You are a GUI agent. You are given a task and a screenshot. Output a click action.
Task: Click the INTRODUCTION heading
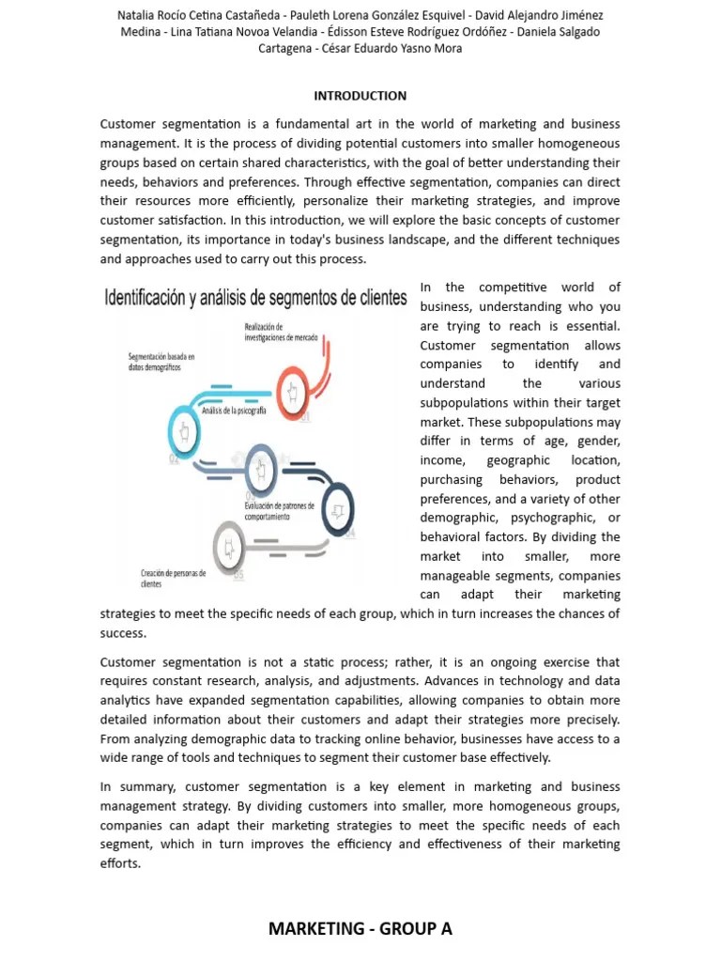coord(360,96)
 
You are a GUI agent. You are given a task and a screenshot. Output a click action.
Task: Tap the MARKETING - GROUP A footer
coord(360,929)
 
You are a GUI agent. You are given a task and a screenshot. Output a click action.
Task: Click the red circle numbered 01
coord(293,387)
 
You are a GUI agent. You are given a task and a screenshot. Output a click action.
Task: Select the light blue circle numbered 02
coord(185,430)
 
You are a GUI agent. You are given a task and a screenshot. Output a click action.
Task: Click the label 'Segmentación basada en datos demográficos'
coord(161,362)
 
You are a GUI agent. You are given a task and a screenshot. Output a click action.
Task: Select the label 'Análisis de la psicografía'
coord(235,411)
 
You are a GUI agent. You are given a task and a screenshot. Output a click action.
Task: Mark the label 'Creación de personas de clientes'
coord(173,578)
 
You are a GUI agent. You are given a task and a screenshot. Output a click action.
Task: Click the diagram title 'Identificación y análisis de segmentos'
coord(255,298)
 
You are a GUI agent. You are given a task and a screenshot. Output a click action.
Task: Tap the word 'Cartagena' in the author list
coord(286,48)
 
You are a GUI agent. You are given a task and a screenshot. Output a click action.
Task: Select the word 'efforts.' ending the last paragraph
coord(120,863)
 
